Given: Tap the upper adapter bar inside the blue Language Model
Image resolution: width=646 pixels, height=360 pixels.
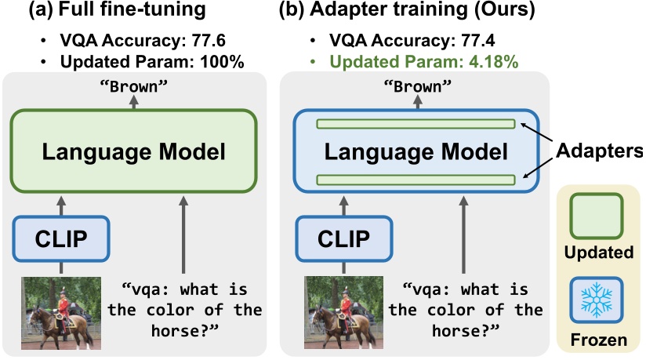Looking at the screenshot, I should click(x=416, y=124).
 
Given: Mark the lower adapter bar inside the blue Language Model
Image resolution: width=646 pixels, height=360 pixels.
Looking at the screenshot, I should click(x=416, y=180).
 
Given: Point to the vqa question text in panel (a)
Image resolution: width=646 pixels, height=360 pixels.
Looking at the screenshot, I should click(x=185, y=309).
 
